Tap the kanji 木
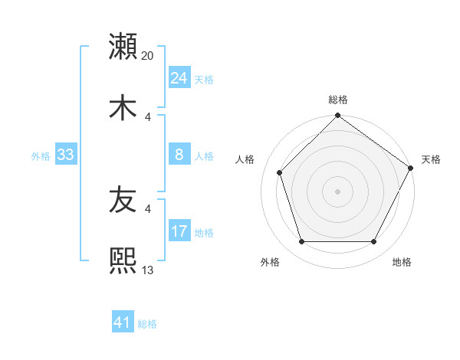[x=123, y=107]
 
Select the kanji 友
[x=123, y=201]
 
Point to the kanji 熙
[x=123, y=261]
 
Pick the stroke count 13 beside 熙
[x=148, y=270]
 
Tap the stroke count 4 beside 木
[x=149, y=116]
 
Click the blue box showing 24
[x=179, y=78]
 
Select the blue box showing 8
[x=179, y=155]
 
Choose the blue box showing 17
[x=179, y=231]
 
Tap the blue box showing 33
[x=65, y=155]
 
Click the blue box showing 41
[x=123, y=323]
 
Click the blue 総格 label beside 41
[x=147, y=324]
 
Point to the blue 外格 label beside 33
[x=41, y=155]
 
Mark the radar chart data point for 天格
[x=411, y=168]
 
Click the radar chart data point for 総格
[x=337, y=116]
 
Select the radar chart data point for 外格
[x=301, y=242]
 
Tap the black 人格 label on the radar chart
[x=246, y=159]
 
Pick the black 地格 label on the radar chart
[x=402, y=262]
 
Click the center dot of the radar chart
[x=337, y=191]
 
